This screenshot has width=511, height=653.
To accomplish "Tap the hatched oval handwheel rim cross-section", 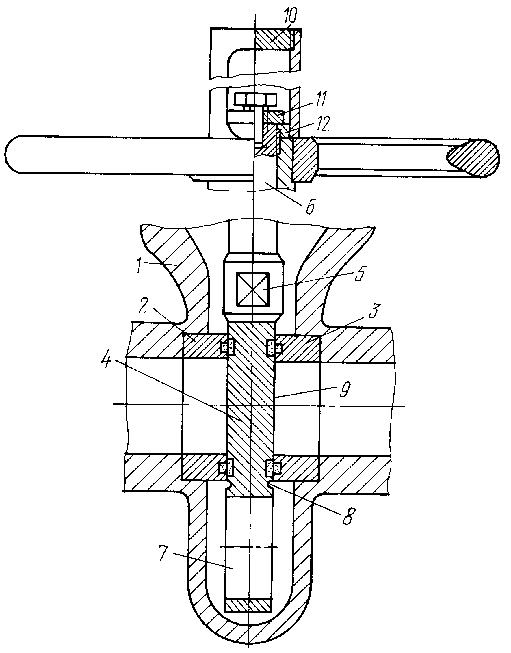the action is tap(473, 158).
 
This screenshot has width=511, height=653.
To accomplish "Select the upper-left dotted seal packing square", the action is tap(228, 347).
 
